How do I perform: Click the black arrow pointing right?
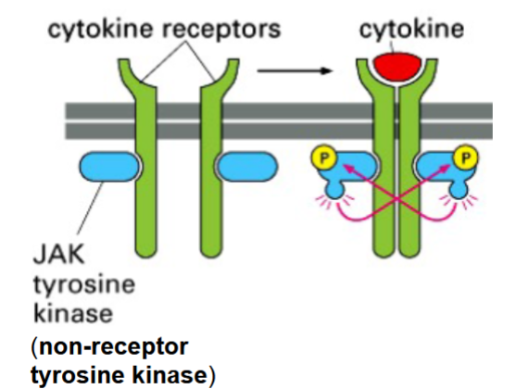pyautogui.click(x=295, y=69)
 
